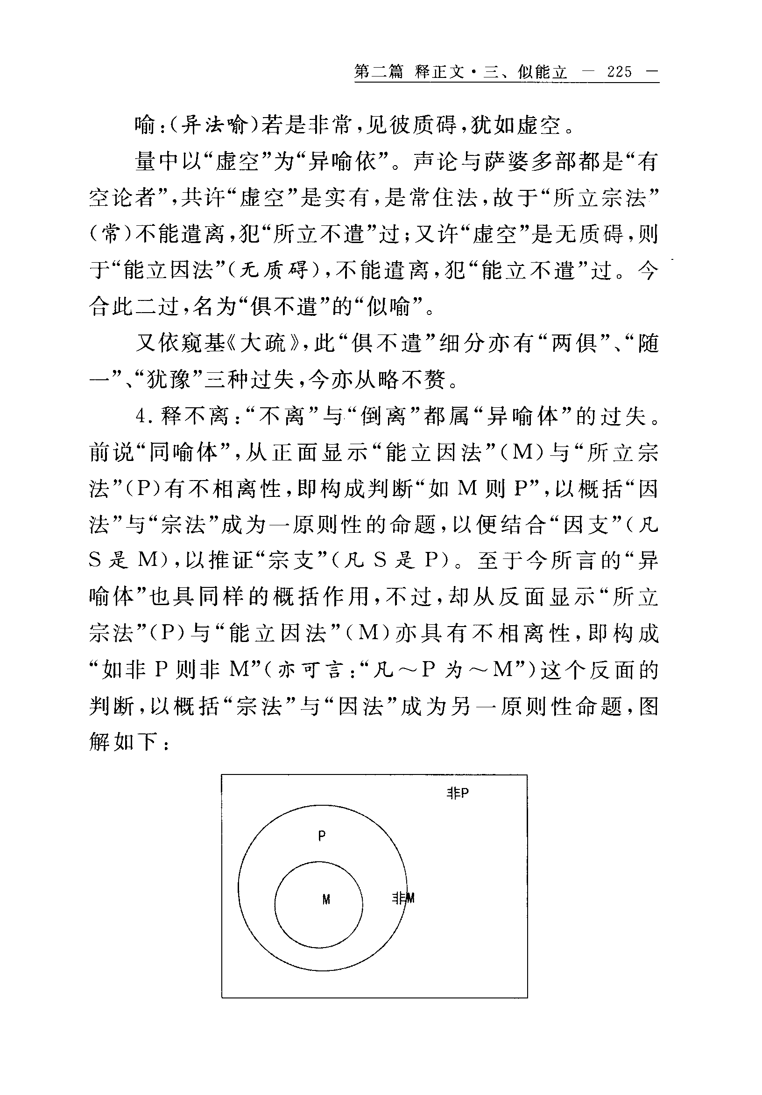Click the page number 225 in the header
tap(619, 72)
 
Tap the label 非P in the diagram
tap(458, 793)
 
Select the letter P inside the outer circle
tap(322, 836)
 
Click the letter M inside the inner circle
tap(326, 899)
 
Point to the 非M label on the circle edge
tap(403, 898)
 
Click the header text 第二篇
tap(379, 72)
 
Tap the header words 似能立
tap(542, 72)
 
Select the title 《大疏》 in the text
tap(268, 343)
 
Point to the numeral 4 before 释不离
tap(140, 416)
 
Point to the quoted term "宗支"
tap(290, 561)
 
